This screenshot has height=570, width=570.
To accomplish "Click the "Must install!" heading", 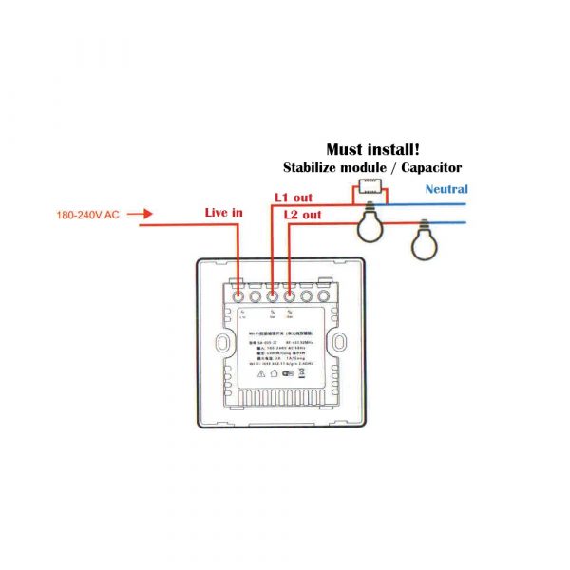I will pos(372,149).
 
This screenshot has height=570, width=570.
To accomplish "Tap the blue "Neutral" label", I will pos(446,189).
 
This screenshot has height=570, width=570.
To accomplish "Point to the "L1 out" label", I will pos(293,198).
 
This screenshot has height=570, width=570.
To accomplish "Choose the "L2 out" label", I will pos(303,215).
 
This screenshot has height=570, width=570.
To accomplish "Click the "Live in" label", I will pos(224,213).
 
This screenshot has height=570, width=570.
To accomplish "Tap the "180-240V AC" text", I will pos(85,216).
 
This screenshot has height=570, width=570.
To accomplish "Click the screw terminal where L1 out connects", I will pos(272,295).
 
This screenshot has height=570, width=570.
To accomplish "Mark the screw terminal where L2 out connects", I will pos(289,295).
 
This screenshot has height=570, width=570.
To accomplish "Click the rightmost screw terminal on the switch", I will pos(324,295).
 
